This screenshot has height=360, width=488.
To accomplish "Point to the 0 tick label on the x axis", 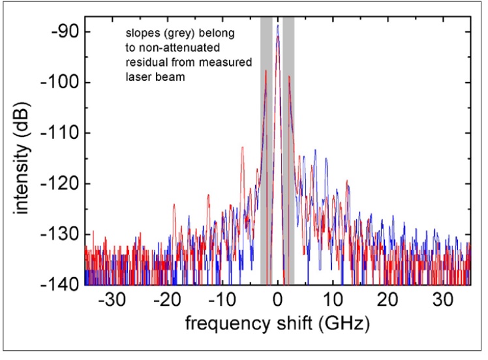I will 278,302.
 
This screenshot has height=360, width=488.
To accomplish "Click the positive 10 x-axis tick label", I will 333,302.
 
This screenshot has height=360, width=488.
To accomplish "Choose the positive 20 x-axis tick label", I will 388,302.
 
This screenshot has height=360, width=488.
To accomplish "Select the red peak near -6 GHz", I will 243,147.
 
